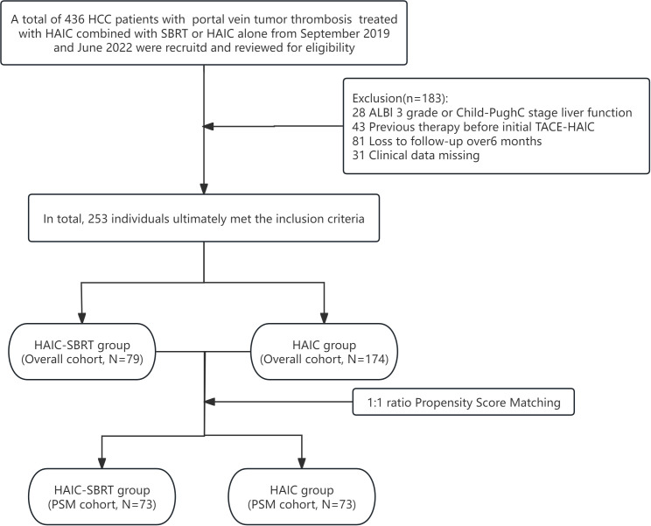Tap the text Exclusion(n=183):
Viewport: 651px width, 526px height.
coord(401,98)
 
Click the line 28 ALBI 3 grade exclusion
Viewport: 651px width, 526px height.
coord(492,113)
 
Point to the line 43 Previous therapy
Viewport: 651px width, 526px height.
coord(473,127)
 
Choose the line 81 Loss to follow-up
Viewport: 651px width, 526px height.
coord(447,141)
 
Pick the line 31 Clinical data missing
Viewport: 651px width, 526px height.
coord(416,155)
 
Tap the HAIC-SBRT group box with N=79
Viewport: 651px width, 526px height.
coord(82,352)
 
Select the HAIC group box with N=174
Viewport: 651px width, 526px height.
coord(325,352)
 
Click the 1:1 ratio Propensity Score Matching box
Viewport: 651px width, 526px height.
coord(464,402)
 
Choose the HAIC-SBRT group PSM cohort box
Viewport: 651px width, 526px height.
coord(102,497)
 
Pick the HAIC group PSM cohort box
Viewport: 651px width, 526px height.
coord(302,497)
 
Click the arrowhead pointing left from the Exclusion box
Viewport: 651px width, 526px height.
coord(207,126)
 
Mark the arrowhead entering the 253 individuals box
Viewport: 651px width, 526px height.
coord(204,188)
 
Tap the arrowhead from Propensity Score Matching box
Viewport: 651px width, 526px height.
coord(210,402)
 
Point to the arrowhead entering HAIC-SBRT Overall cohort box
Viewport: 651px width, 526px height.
coord(82,318)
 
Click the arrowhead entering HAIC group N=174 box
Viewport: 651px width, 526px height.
coord(324,318)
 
